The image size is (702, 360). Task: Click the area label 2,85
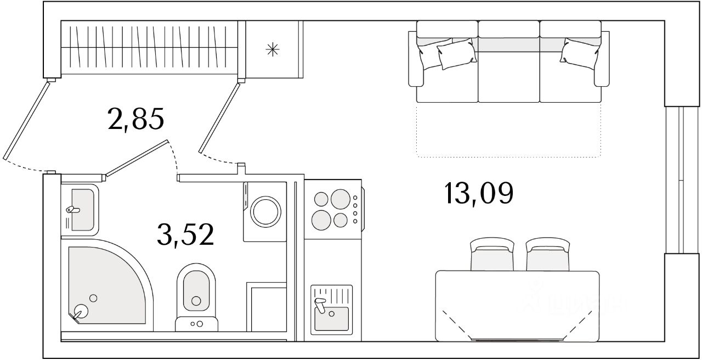[x=137, y=119]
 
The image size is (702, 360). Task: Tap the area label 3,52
[x=184, y=235]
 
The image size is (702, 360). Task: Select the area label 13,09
[x=479, y=193]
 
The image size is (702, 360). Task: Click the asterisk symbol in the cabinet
[x=273, y=50]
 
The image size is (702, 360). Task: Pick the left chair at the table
[x=491, y=255]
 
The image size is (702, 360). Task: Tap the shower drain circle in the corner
[x=81, y=311]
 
